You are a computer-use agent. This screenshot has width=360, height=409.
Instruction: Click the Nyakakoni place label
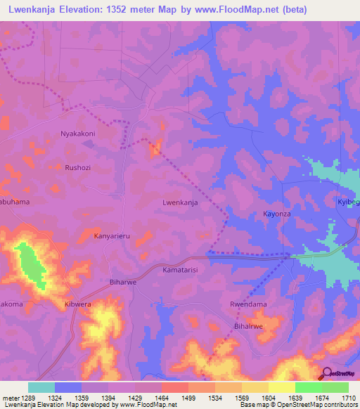[77, 133]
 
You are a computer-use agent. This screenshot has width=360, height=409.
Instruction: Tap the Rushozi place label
[77, 167]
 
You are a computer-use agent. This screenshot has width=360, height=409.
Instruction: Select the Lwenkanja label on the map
[180, 202]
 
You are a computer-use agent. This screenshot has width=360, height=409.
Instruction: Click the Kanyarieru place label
[115, 237]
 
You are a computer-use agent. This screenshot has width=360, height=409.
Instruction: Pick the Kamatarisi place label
[180, 270]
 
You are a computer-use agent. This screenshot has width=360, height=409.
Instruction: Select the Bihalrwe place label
[249, 327]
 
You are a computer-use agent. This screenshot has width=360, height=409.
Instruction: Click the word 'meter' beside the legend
[9, 398]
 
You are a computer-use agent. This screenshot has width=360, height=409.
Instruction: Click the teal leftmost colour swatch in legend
[41, 387]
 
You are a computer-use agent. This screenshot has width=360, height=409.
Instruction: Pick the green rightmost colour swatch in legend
[335, 387]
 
